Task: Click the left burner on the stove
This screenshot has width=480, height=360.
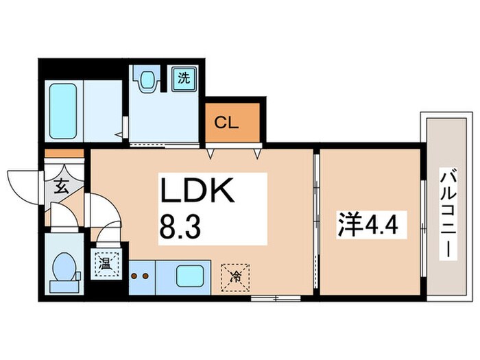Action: (135, 277)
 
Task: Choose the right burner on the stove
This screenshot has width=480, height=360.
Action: (146, 277)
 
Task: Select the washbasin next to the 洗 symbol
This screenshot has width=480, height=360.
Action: (147, 81)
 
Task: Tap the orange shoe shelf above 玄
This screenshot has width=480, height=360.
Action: (64, 153)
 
